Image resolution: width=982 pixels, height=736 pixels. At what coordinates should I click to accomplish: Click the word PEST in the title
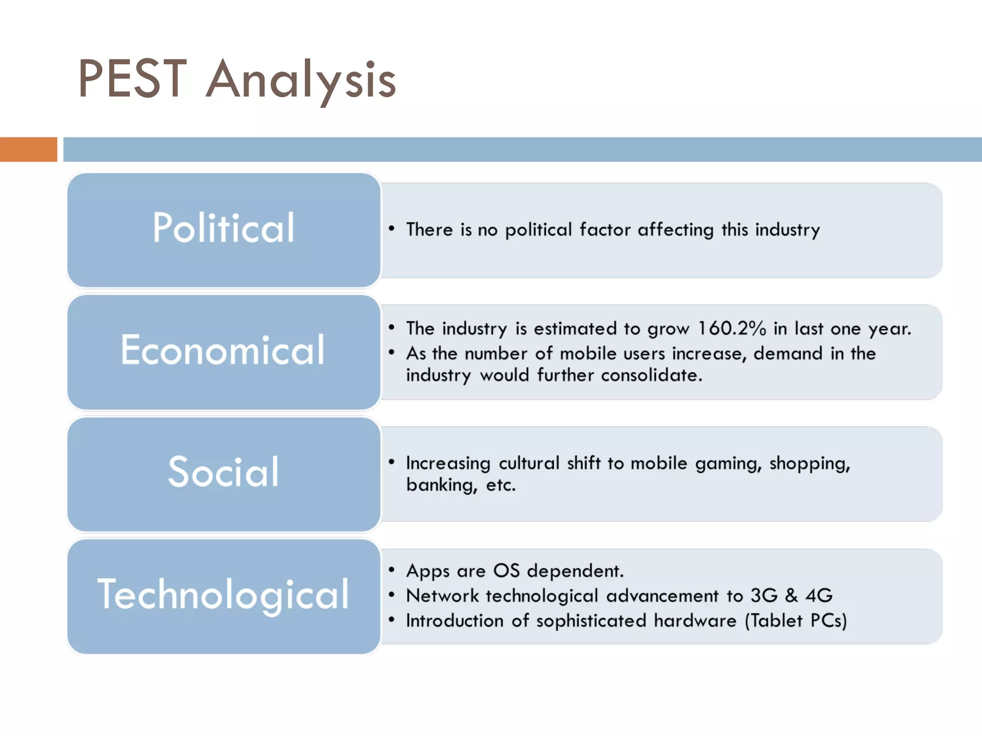(x=132, y=79)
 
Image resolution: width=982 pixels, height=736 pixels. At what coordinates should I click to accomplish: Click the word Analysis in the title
(x=301, y=80)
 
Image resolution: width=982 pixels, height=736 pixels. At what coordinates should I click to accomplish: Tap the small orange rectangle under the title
(x=28, y=149)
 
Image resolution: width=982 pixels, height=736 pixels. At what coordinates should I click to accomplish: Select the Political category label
(x=223, y=228)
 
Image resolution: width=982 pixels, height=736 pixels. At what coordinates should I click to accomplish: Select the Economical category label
(x=223, y=350)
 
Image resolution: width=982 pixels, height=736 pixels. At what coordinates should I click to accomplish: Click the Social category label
(x=223, y=472)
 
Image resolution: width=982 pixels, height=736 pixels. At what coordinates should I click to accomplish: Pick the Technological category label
(x=223, y=595)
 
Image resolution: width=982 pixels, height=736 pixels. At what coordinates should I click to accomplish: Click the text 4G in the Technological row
(x=819, y=596)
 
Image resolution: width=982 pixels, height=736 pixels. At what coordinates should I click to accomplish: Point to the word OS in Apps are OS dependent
(x=506, y=571)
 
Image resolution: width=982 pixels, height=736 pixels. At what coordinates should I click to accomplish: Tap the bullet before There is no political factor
(x=392, y=229)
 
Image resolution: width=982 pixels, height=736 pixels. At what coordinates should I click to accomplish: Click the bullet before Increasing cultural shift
(x=392, y=462)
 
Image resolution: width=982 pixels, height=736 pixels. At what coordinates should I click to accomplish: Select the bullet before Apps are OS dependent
(x=392, y=570)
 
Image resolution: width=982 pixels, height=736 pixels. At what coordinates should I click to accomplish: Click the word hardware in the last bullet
(x=695, y=621)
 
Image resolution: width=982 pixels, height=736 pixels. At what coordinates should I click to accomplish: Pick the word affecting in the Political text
(x=675, y=230)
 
